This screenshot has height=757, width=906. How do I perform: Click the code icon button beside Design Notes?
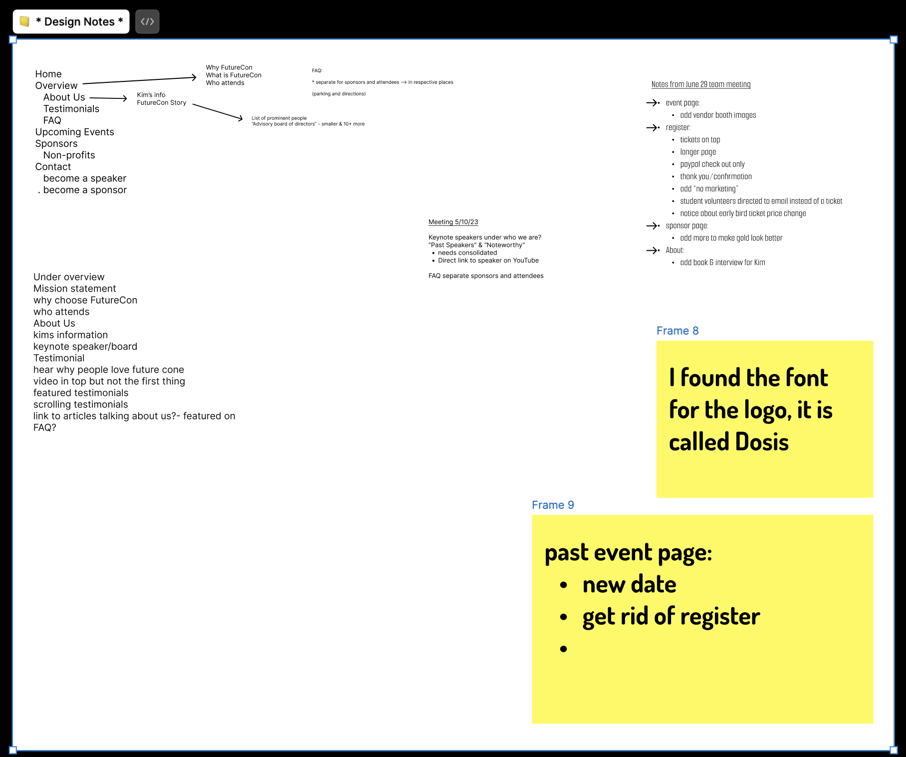pyautogui.click(x=147, y=21)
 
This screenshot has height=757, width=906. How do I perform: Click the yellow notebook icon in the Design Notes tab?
pyautogui.click(x=24, y=21)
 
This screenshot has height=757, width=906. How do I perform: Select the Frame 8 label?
pyautogui.click(x=677, y=331)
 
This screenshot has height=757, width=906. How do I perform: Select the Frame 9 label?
pyautogui.click(x=552, y=505)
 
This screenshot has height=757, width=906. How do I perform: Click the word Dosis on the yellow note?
pyautogui.click(x=762, y=442)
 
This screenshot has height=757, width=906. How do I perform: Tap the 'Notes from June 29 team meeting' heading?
pyautogui.click(x=700, y=84)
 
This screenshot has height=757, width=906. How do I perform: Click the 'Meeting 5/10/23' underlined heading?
pyautogui.click(x=453, y=222)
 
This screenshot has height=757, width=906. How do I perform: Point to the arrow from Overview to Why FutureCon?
pyautogui.click(x=139, y=80)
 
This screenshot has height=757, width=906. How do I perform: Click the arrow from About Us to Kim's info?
pyautogui.click(x=108, y=98)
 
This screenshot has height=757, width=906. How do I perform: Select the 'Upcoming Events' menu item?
pyautogui.click(x=74, y=132)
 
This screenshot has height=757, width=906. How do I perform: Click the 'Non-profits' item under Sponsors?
pyautogui.click(x=69, y=155)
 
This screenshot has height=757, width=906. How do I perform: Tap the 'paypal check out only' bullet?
pyautogui.click(x=712, y=164)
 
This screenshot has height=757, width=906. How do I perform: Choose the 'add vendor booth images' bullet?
pyautogui.click(x=717, y=115)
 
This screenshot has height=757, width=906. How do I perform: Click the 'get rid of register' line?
pyautogui.click(x=671, y=616)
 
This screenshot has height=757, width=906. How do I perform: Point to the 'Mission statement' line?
pyautogui.click(x=74, y=289)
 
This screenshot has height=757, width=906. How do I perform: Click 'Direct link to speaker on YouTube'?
pyautogui.click(x=488, y=261)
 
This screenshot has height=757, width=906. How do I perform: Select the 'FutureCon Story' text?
pyautogui.click(x=161, y=103)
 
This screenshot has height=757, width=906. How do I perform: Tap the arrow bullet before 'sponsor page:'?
pyautogui.click(x=653, y=226)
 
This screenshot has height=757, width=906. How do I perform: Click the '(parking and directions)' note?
pyautogui.click(x=339, y=94)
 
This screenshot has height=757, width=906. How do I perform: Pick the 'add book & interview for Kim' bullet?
pyautogui.click(x=722, y=263)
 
